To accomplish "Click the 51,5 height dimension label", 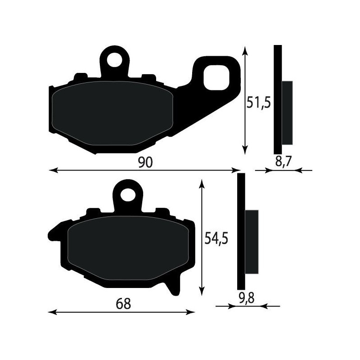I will tap(258, 103).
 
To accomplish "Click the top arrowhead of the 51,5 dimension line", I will tap(245, 50).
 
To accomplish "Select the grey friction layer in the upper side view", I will tap(287, 112).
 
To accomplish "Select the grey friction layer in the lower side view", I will tap(252, 242).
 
